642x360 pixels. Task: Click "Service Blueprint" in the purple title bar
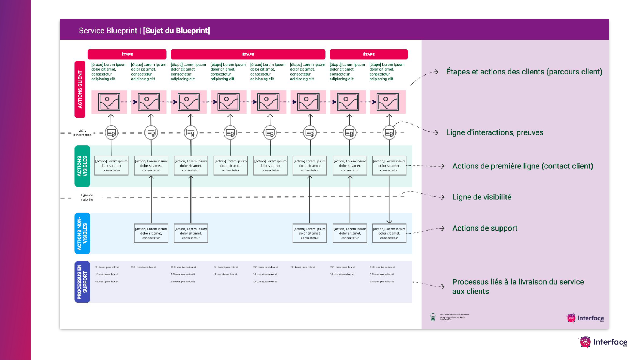pyautogui.click(x=108, y=31)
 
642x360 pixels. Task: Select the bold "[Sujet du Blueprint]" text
pyautogui.click(x=176, y=31)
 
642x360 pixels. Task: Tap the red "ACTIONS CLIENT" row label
pyautogui.click(x=80, y=89)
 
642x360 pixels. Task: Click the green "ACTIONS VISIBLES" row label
pyautogui.click(x=82, y=166)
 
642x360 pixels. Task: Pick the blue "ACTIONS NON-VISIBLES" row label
pyautogui.click(x=82, y=233)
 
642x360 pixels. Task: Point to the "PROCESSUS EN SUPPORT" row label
pyautogui.click(x=82, y=282)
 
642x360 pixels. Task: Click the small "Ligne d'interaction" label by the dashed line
pyautogui.click(x=82, y=133)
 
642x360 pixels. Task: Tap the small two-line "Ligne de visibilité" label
pyautogui.click(x=87, y=197)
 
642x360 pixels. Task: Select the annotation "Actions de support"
pyautogui.click(x=484, y=228)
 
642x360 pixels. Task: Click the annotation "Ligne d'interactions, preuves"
pyautogui.click(x=495, y=132)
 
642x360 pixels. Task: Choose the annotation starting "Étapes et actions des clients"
pyautogui.click(x=524, y=72)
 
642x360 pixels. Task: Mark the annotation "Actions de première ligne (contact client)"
pyautogui.click(x=523, y=166)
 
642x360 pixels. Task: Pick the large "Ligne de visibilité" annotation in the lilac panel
pyautogui.click(x=481, y=197)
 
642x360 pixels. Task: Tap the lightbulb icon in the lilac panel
pyautogui.click(x=433, y=317)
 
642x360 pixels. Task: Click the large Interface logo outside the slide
pyautogui.click(x=603, y=342)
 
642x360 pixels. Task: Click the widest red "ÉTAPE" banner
pyautogui.click(x=248, y=54)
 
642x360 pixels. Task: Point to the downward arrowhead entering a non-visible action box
pyautogui.click(x=389, y=221)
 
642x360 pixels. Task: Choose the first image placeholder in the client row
pyautogui.click(x=109, y=102)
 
